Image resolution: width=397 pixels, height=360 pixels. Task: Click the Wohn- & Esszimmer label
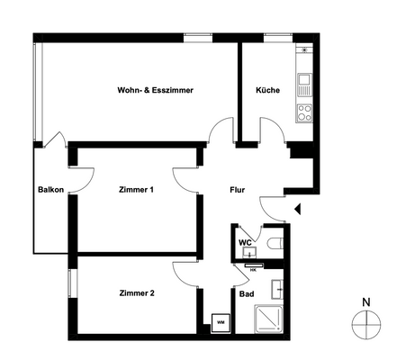[x=156, y=91]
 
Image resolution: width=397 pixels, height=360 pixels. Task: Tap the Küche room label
[x=267, y=91]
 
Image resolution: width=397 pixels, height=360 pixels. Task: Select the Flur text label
[x=237, y=190]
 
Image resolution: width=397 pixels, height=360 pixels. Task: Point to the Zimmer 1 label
[x=137, y=190]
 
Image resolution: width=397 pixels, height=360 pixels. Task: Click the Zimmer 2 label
[x=137, y=293]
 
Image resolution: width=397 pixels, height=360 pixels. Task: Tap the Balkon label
[x=50, y=190]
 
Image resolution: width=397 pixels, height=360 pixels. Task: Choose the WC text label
[x=244, y=243]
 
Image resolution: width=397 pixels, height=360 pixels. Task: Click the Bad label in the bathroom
[x=245, y=293]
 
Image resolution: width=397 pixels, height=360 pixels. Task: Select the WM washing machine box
[x=220, y=319]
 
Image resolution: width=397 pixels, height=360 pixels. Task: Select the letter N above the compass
[x=365, y=301]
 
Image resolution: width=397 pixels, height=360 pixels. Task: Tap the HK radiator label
[x=253, y=267]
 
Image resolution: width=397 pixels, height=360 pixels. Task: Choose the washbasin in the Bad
[x=279, y=288]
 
